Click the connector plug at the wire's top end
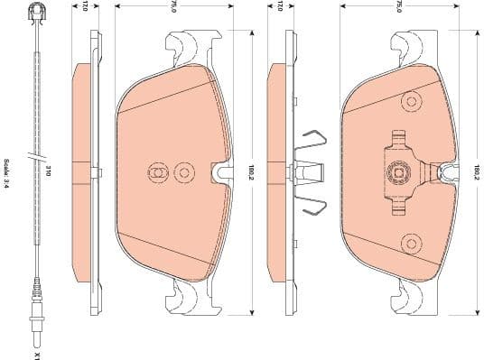click(37, 14)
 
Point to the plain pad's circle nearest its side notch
click(185, 171)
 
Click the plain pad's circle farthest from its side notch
click(155, 171)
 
